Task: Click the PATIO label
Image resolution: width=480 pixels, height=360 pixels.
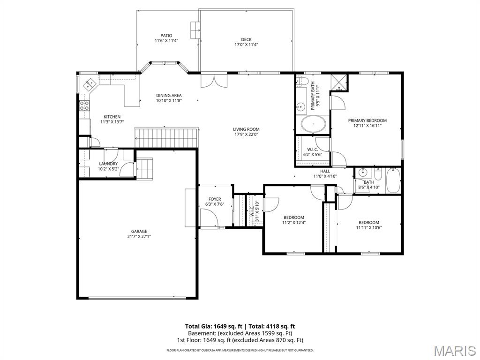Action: (166, 36)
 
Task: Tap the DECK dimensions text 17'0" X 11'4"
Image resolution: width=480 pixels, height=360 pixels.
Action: (247, 45)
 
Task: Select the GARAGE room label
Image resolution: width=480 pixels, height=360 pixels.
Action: (139, 231)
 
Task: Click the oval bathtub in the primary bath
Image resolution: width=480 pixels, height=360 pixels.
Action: (312, 124)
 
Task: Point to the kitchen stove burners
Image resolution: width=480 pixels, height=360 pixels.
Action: (84, 105)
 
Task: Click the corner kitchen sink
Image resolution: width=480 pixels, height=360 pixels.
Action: (89, 85)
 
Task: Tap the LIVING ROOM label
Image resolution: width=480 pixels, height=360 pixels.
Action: (246, 129)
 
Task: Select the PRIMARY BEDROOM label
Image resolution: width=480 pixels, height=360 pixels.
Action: (367, 120)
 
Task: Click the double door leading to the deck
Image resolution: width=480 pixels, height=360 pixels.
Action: (213, 80)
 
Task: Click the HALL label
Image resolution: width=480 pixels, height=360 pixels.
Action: (325, 172)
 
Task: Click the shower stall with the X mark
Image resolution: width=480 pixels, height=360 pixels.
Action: (339, 82)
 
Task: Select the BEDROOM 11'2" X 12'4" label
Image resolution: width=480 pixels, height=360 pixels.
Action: (294, 217)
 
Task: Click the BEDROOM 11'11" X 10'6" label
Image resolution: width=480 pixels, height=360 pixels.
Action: (369, 223)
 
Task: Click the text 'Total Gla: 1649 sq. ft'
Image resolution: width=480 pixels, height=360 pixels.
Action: (213, 326)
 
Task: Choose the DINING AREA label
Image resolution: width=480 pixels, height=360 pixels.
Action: (169, 96)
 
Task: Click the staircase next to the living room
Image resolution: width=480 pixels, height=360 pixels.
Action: (167, 137)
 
